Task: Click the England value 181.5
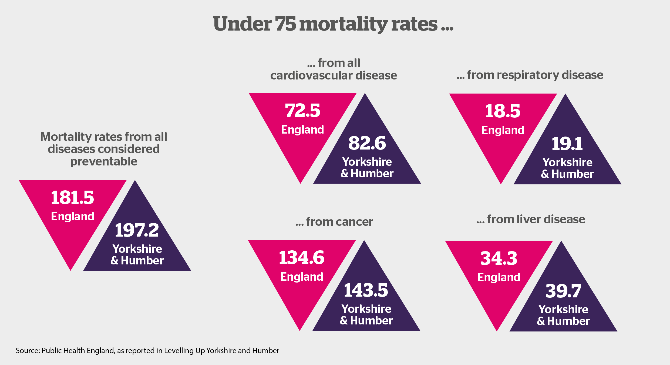[x=72, y=198]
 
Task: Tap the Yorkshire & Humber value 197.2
[x=137, y=230]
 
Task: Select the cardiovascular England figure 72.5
[x=302, y=111]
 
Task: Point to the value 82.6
[x=367, y=143]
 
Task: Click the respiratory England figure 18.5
[x=503, y=111]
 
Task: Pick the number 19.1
[x=567, y=144]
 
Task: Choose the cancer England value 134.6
[x=302, y=257]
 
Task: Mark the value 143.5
[x=366, y=290]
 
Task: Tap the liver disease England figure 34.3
[x=499, y=258]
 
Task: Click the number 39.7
[x=563, y=291]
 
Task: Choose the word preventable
[x=104, y=162]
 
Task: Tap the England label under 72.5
[x=302, y=130]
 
